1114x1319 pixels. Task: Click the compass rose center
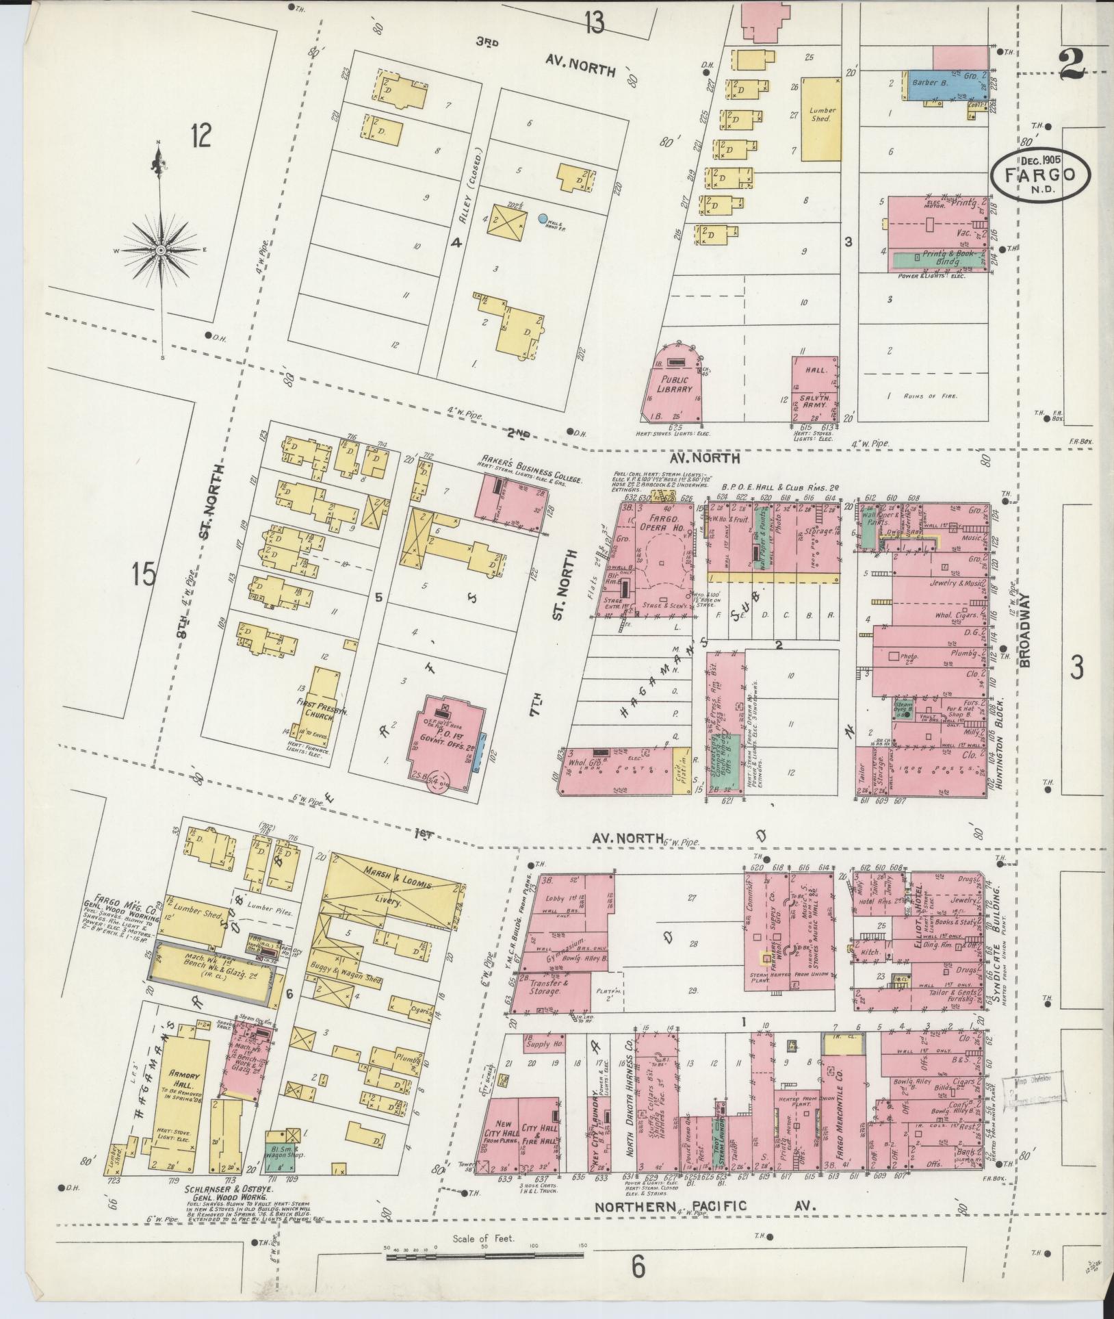[160, 251]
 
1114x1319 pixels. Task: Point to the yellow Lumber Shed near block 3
[821, 118]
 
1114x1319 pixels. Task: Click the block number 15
[145, 574]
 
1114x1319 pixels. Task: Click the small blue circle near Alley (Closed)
[543, 219]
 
